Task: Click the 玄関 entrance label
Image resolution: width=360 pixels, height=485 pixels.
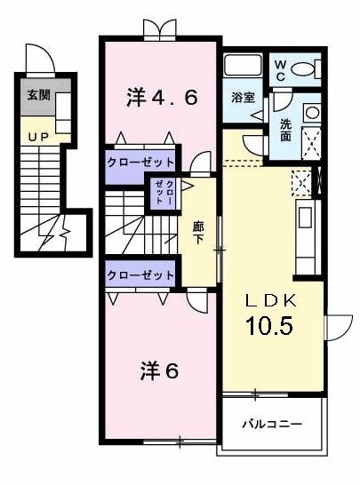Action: coord(37,95)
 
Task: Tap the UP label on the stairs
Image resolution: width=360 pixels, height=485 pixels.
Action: coord(38,136)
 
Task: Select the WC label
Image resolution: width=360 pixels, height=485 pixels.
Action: coord(279,69)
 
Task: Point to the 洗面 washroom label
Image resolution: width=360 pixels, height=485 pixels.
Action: coord(285,131)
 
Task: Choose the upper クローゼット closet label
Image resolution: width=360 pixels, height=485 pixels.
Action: coord(140,163)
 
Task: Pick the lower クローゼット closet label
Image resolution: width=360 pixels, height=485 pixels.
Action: coord(140,274)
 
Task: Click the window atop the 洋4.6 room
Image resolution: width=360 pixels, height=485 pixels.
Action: coord(160,33)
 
